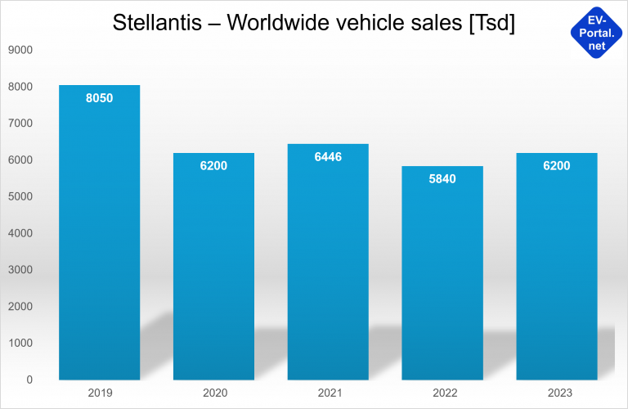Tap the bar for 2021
tap(328, 262)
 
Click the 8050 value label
tap(99, 98)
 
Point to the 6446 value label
tap(328, 156)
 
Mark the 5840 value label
tap(442, 178)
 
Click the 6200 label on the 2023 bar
tap(557, 166)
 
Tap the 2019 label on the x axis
tap(99, 393)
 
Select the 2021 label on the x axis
tap(328, 393)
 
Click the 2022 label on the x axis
tap(442, 393)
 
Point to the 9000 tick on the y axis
tap(20, 50)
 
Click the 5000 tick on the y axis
tap(20, 196)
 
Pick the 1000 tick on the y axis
tap(20, 343)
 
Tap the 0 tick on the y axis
tap(29, 380)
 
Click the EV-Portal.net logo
tap(597, 30)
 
